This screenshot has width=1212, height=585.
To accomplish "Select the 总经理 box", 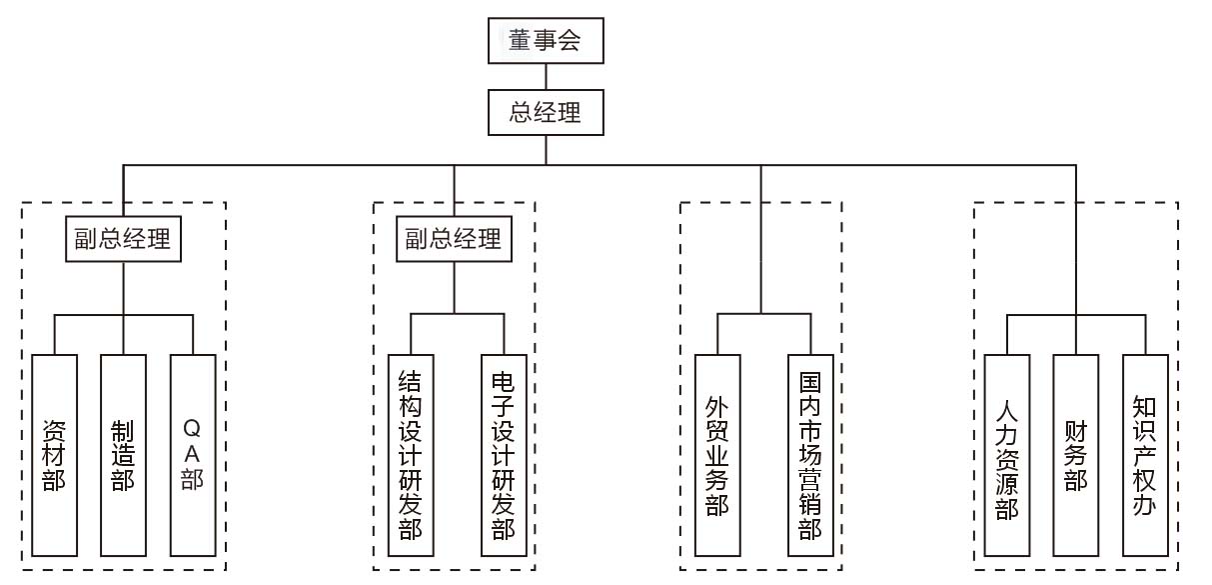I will (546, 112).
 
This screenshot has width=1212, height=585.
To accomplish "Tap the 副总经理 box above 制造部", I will (123, 240).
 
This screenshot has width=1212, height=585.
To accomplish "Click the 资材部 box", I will (54, 455).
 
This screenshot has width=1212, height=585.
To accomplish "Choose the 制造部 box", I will (124, 455).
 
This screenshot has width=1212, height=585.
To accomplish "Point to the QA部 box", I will (193, 455).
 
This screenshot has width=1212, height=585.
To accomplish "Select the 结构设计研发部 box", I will (411, 455).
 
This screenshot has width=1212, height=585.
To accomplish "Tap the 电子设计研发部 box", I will (504, 455).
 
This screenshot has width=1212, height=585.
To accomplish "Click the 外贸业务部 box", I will (717, 455).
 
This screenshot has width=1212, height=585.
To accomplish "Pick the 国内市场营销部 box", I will (809, 455).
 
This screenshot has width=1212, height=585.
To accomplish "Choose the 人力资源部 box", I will (1006, 455).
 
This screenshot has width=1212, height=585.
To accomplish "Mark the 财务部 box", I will (1075, 455).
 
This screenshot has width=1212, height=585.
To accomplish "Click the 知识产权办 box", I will (1144, 455).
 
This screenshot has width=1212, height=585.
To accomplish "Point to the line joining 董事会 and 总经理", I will (546, 77).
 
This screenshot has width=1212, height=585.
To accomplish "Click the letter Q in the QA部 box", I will (193, 428).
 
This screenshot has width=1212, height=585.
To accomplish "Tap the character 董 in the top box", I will (520, 42).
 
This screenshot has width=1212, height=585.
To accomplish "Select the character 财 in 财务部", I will (1075, 430).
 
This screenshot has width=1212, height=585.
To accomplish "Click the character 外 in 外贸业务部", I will (717, 408).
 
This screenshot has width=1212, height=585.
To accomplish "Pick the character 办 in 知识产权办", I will (1144, 504).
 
